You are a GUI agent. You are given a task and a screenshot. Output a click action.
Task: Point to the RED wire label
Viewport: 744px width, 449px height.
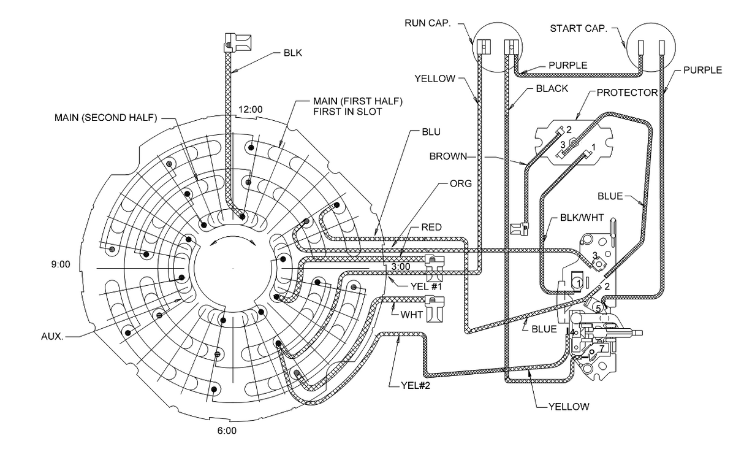(x=432, y=227)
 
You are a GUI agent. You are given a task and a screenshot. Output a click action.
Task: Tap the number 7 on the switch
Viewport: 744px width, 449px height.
(x=602, y=348)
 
